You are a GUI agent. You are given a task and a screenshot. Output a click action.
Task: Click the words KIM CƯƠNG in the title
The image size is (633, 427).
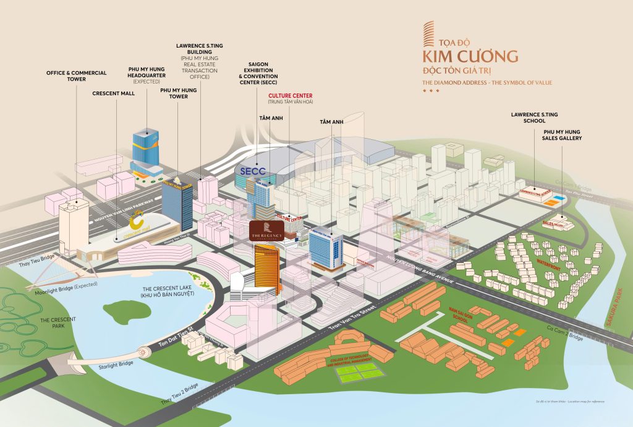(x=470, y=57)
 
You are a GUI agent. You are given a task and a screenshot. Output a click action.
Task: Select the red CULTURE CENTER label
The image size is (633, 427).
(x=286, y=95)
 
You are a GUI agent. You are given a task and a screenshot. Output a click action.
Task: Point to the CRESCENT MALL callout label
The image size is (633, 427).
(x=114, y=94)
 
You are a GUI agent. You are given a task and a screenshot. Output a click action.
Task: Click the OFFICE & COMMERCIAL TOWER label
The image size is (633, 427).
(x=77, y=76)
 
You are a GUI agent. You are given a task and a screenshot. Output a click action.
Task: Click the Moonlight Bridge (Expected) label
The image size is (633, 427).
(x=58, y=291)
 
